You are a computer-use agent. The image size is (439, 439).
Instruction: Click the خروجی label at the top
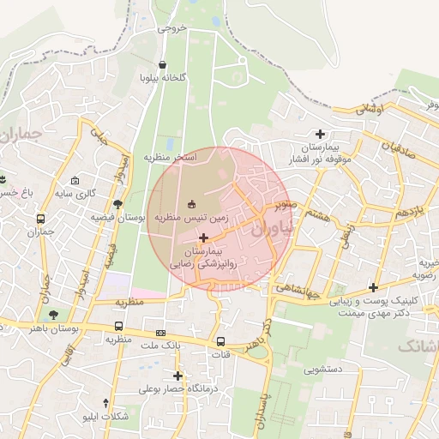pyautogui.click(x=171, y=28)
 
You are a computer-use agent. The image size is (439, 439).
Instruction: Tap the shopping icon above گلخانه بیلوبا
pyautogui.click(x=163, y=64)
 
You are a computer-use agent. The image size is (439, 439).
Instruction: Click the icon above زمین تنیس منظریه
pyautogui.click(x=190, y=204)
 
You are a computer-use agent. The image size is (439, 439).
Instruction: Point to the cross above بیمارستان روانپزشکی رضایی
pyautogui.click(x=203, y=236)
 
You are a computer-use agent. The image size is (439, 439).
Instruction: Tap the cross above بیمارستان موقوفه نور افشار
pyautogui.click(x=321, y=134)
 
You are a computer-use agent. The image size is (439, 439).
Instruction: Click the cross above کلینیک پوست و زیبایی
pyautogui.click(x=373, y=287)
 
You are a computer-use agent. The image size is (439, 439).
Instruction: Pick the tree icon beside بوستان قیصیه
pyautogui.click(x=117, y=204)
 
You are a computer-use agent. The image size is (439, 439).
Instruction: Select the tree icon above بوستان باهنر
pyautogui.click(x=54, y=315)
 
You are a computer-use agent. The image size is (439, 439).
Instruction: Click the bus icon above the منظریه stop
pyautogui.click(x=117, y=326)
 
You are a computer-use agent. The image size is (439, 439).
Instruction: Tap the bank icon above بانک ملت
pyautogui.click(x=160, y=333)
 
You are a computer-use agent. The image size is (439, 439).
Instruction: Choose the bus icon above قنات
pyautogui.click(x=221, y=340)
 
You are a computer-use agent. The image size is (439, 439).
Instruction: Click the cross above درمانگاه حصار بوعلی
pyautogui.click(x=177, y=376)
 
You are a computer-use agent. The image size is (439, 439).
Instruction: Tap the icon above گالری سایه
pyautogui.click(x=76, y=181)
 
